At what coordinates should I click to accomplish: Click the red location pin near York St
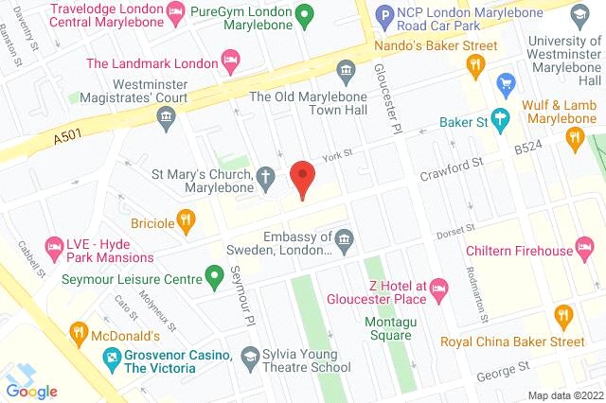(302, 178)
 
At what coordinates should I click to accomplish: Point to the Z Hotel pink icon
(438, 286)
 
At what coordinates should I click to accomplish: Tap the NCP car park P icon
(384, 15)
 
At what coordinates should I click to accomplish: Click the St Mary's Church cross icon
(268, 176)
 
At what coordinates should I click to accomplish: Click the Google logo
(31, 391)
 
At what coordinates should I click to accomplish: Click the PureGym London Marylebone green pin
(304, 15)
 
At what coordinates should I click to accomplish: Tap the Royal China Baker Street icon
(565, 315)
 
